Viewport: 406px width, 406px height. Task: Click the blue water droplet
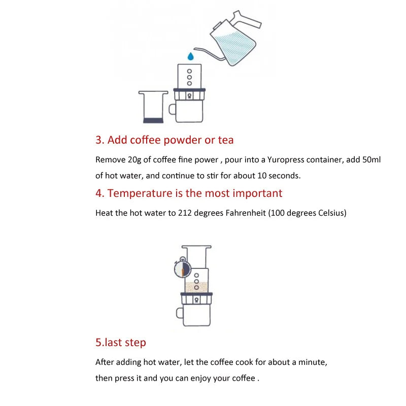pos(191,56)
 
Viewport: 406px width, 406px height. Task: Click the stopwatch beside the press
pos(183,267)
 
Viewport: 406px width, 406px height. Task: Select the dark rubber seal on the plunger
pos(153,120)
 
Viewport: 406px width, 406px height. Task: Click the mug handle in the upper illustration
pos(172,109)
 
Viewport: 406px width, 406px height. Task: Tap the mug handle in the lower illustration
pos(180,313)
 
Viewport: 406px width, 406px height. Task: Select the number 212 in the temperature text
pos(185,213)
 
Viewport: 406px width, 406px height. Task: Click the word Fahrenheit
pos(246,213)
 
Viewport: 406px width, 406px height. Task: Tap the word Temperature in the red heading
pos(140,193)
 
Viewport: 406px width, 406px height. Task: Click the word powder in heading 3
pos(183,141)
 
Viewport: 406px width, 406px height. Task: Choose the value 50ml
pos(371,159)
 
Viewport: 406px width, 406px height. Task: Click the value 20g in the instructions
pos(134,160)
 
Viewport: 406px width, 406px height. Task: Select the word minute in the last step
pos(313,362)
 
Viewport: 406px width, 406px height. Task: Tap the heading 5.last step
pos(121,343)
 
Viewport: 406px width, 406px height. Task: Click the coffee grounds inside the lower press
pos(196,287)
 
